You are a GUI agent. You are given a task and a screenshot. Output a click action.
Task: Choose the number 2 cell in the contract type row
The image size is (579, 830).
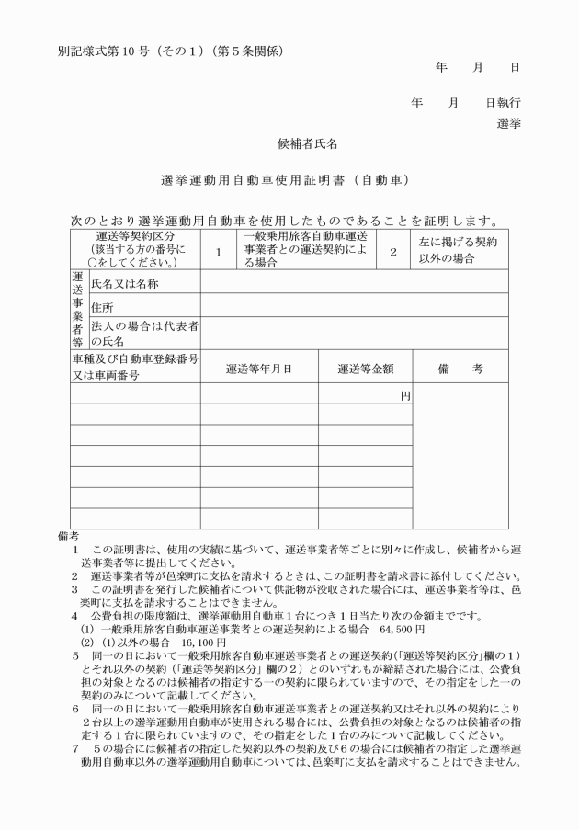392,250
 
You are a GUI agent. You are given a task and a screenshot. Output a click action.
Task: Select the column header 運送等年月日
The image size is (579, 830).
259,369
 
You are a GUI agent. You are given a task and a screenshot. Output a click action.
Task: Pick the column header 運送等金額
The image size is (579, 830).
365,369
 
